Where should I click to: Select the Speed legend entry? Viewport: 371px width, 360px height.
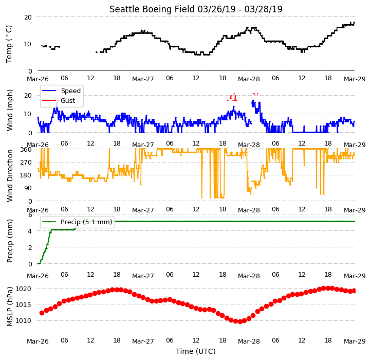[61, 91]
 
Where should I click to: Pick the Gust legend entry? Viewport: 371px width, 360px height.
[59, 101]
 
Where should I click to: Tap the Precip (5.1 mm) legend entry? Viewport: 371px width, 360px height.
[77, 222]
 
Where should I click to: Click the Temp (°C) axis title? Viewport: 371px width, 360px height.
[9, 44]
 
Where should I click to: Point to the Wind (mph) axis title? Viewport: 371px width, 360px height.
[9, 110]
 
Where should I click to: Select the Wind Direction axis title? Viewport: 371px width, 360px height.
[9, 175]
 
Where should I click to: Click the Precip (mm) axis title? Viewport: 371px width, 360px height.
[9, 241]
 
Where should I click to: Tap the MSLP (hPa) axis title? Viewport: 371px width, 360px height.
[9, 307]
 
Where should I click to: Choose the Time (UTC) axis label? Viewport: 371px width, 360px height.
[196, 351]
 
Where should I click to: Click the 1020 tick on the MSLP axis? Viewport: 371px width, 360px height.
[24, 289]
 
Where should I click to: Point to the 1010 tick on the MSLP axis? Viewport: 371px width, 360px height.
[24, 321]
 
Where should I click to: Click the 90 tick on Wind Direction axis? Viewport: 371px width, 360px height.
[28, 188]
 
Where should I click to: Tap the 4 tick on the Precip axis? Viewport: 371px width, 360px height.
[30, 231]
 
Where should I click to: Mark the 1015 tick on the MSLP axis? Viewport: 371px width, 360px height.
[24, 305]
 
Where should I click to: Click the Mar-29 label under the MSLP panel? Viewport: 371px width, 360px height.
[355, 341]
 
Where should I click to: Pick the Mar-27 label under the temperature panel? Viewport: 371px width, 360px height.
[143, 79]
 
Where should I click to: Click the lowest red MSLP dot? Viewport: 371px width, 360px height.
[240, 321]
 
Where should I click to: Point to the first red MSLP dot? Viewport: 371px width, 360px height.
[42, 313]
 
